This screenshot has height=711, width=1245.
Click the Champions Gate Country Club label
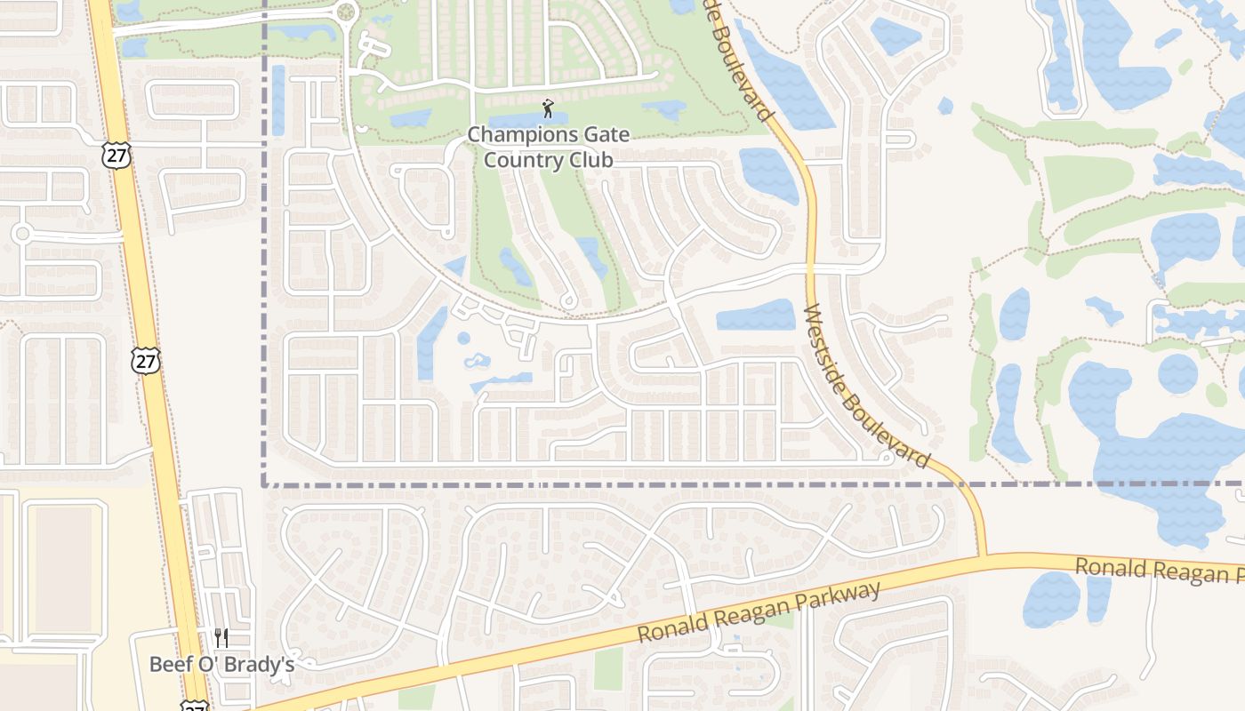(548, 148)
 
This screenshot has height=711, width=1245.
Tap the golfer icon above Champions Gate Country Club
(548, 109)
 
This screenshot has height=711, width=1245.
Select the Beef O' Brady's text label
(221, 664)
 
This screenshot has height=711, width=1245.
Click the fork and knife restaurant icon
(221, 637)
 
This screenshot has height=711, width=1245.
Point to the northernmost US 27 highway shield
(117, 156)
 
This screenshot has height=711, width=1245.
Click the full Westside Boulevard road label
(866, 388)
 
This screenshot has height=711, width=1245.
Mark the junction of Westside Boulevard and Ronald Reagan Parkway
(984, 556)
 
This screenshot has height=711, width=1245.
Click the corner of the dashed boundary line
(265, 484)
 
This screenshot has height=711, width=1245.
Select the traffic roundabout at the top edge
(345, 12)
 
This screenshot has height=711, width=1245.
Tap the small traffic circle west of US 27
(22, 234)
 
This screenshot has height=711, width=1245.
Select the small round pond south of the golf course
(463, 339)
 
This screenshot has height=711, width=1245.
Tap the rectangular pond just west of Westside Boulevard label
(755, 316)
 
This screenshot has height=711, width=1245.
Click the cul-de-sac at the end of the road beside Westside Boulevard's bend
(886, 459)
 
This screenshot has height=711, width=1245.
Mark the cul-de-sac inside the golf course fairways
(570, 303)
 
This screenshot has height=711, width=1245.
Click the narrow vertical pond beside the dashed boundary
(278, 100)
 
